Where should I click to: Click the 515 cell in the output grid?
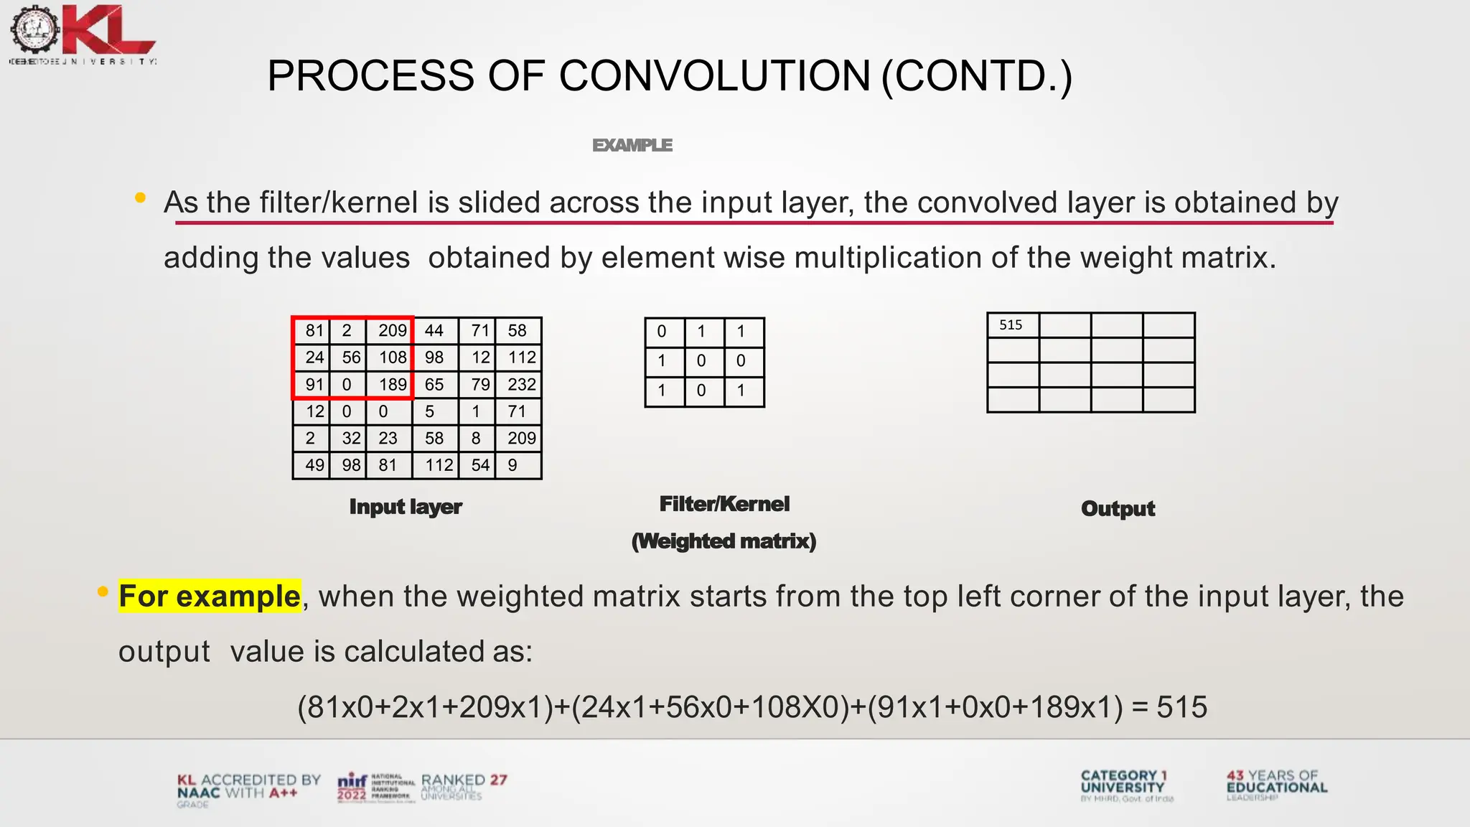[1013, 326]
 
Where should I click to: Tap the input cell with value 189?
[390, 385]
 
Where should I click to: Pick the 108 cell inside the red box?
[390, 358]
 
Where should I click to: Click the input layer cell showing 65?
[435, 385]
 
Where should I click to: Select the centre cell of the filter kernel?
[702, 361]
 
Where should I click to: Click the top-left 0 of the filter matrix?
[663, 332]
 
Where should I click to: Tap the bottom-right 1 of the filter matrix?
[741, 391]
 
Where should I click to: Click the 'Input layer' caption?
[406, 507]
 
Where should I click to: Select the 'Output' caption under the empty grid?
[1118, 509]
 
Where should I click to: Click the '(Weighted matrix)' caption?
[724, 541]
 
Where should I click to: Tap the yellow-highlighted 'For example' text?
[210, 597]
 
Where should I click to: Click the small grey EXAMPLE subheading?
[632, 146]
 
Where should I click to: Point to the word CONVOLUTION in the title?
[714, 76]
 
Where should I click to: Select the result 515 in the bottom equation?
[1181, 707]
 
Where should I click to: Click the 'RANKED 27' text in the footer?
[464, 781]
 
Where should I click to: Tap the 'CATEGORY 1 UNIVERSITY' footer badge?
[1124, 782]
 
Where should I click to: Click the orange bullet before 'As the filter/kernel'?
[141, 197]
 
